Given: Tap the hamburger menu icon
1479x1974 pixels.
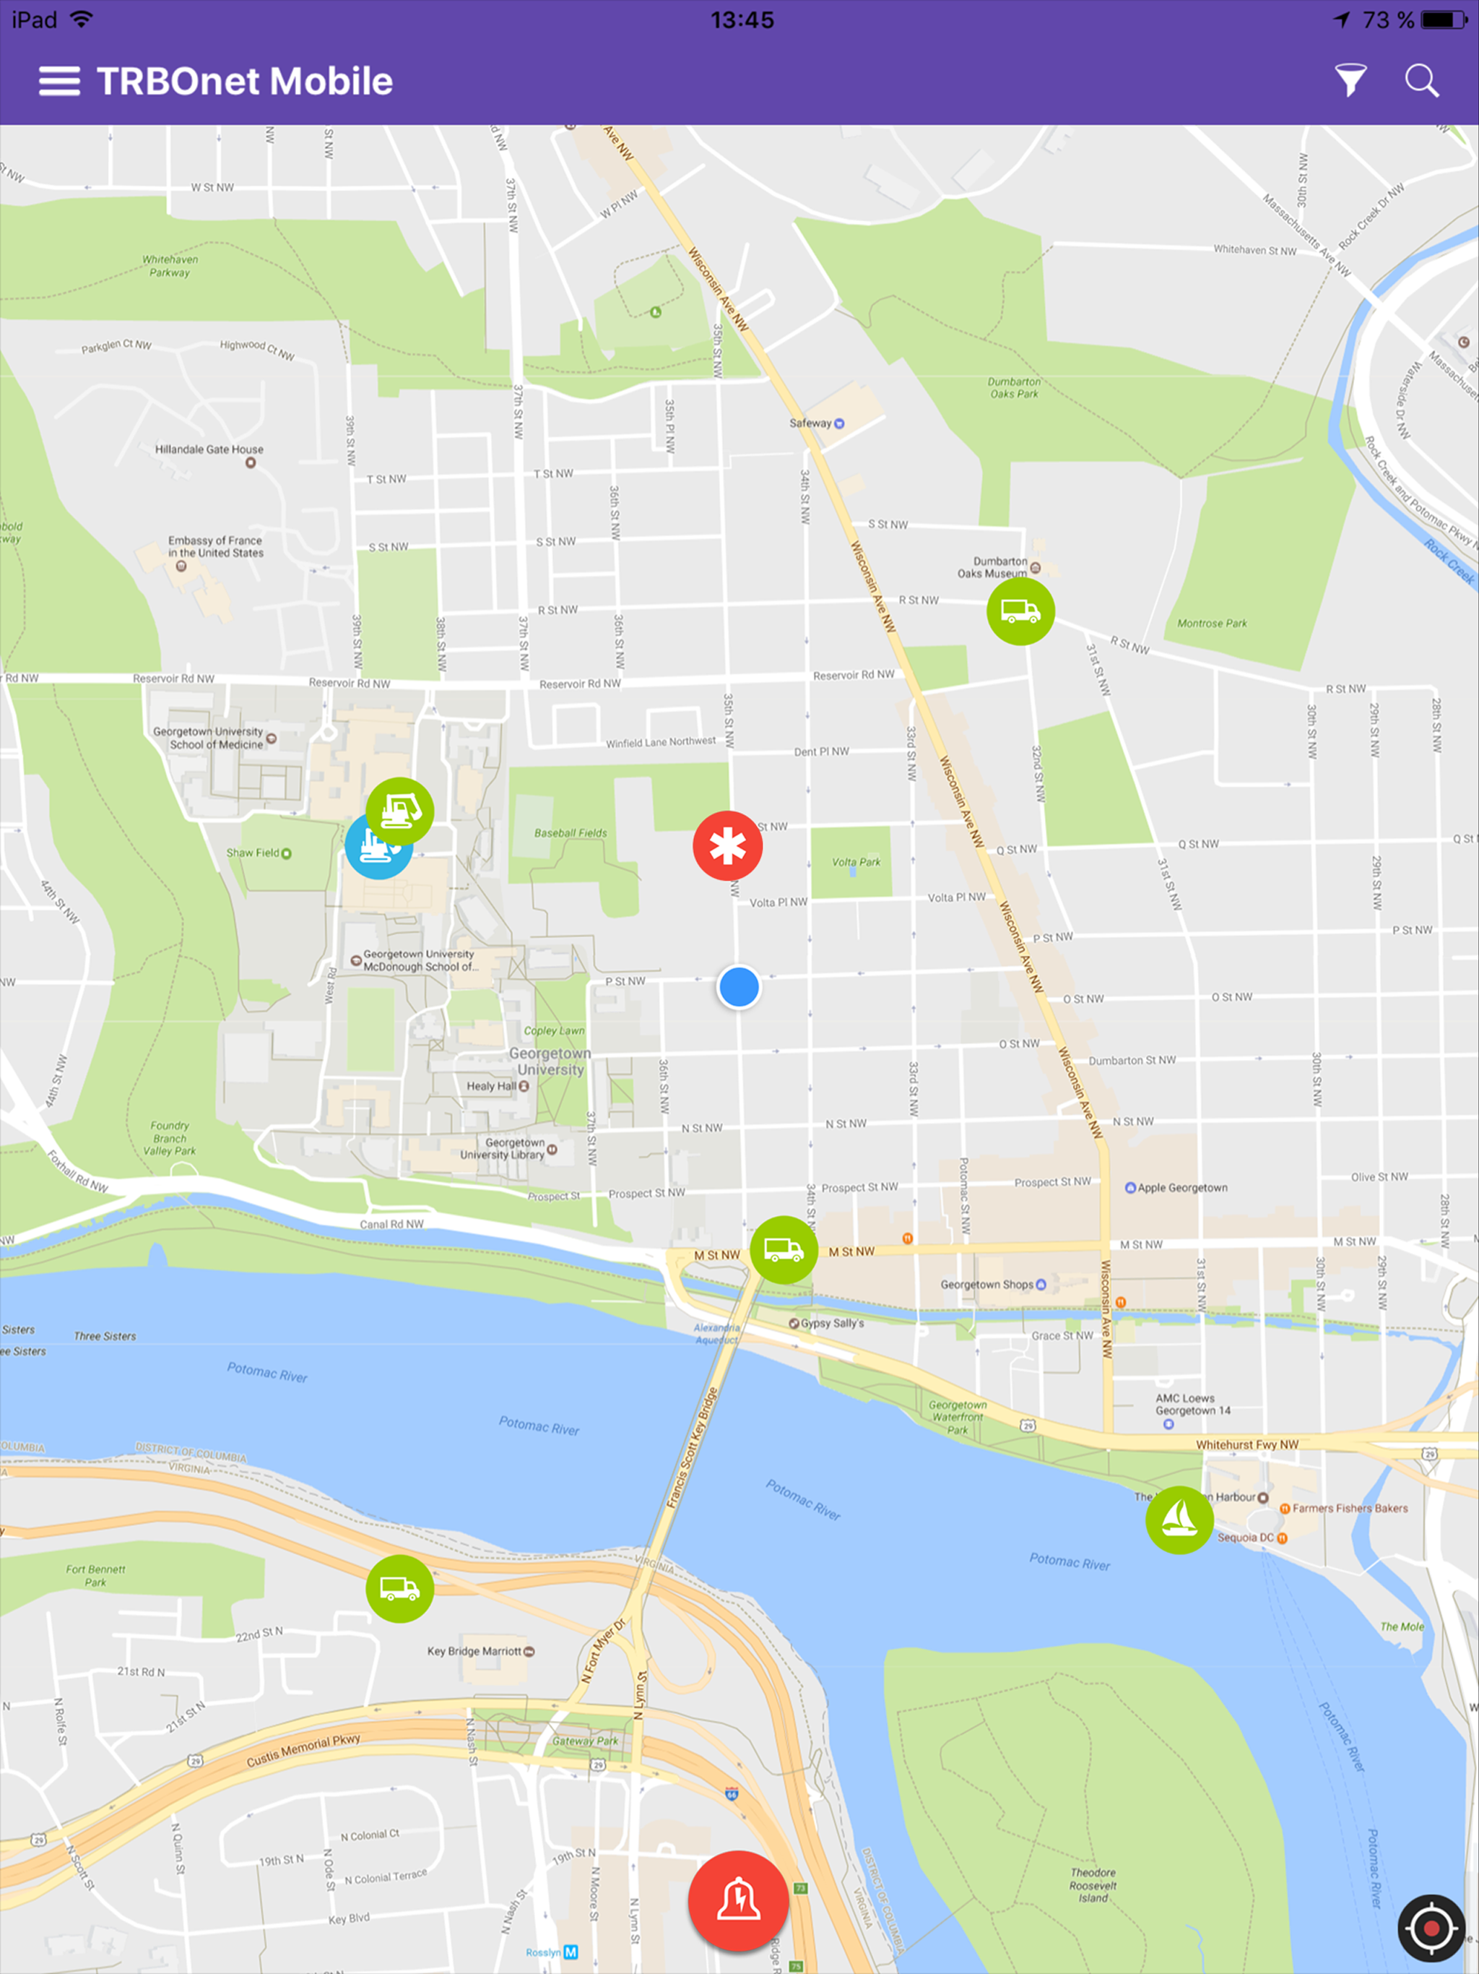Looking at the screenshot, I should click(59, 81).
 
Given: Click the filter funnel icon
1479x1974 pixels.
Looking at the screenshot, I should click(1350, 80).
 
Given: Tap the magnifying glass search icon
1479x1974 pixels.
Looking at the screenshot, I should click(1421, 80).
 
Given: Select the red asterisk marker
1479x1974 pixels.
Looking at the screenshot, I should click(727, 846).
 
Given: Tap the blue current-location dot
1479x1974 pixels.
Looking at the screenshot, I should click(739, 987).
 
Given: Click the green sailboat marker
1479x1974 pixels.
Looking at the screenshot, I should click(1179, 1520).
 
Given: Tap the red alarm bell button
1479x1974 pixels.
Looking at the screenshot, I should click(738, 1901).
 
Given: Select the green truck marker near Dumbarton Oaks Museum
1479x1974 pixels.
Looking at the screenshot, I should click(1020, 611).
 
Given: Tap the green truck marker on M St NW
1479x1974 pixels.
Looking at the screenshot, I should click(784, 1250).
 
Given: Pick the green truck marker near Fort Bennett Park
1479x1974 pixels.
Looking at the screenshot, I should click(399, 1588).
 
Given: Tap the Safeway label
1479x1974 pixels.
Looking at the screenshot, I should click(811, 423).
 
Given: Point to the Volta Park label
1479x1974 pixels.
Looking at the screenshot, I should click(856, 862).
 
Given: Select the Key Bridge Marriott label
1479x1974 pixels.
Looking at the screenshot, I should click(474, 1651).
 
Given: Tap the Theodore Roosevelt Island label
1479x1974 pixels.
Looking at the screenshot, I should click(1093, 1884).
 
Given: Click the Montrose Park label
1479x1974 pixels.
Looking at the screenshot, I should click(1211, 623).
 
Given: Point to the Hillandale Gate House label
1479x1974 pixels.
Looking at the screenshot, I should click(209, 449).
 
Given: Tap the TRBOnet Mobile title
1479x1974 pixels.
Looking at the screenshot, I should click(244, 81).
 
